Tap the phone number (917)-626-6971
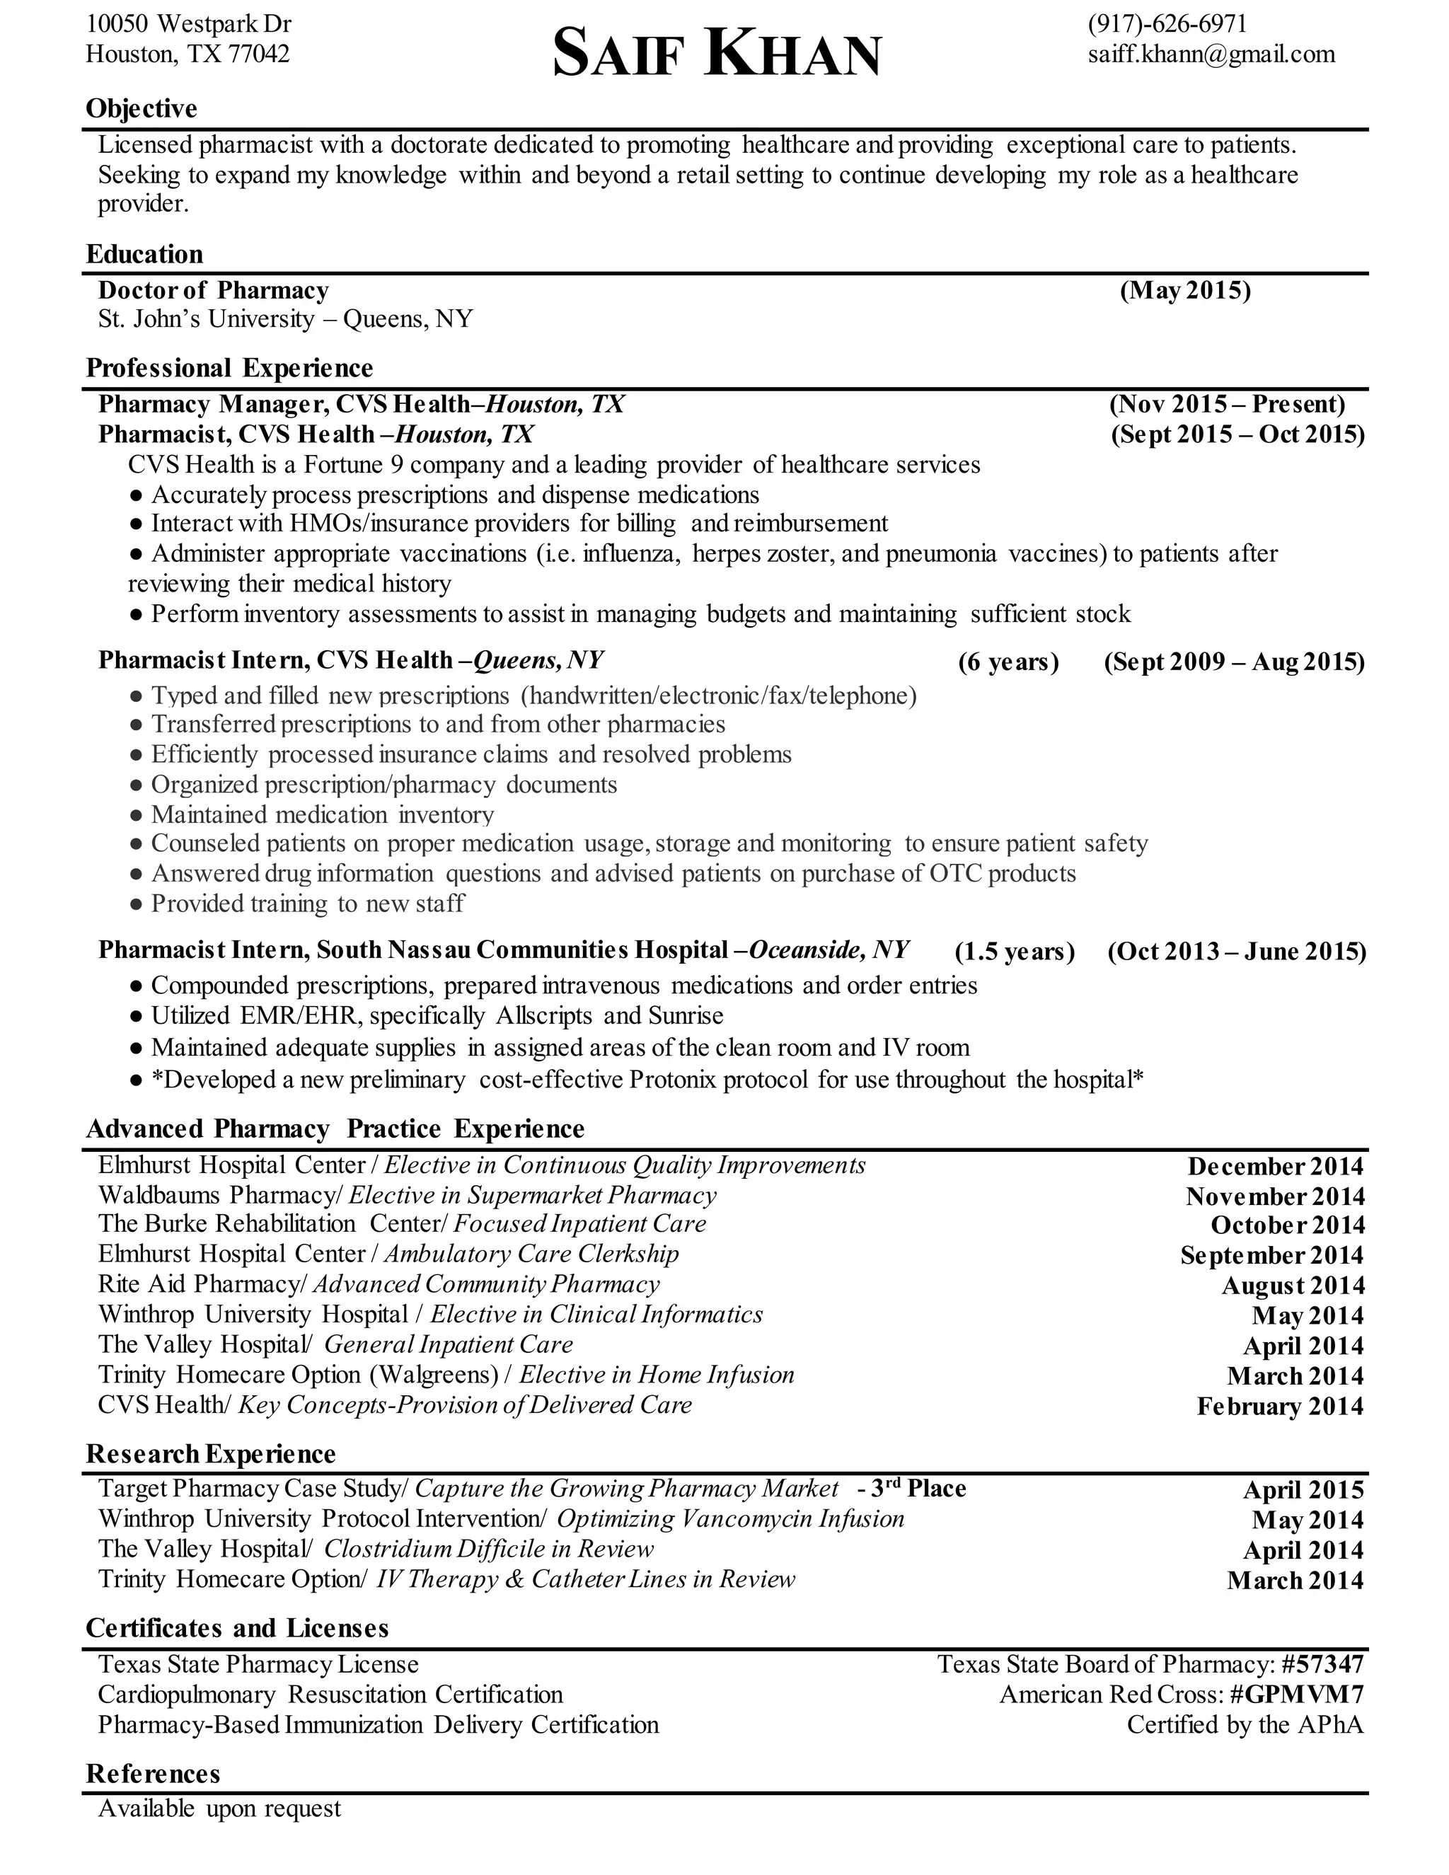tap(1167, 23)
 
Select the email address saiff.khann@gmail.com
tap(1211, 54)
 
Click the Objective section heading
tap(142, 108)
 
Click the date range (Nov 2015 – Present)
tap(1227, 403)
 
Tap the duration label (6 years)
tap(1009, 662)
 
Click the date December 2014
tap(1275, 1166)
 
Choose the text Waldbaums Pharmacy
tap(219, 1195)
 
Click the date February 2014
tap(1280, 1407)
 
